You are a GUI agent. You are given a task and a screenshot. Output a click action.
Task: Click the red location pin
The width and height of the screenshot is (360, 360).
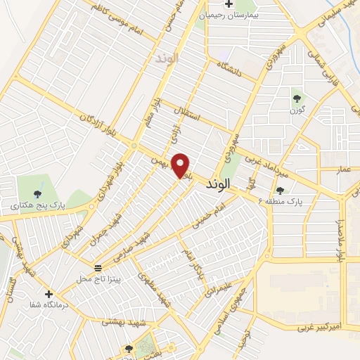point(181,165)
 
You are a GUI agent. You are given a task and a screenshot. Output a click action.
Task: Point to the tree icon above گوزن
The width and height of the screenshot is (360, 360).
point(296,98)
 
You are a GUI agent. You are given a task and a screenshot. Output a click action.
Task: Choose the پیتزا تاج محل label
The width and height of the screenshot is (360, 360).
point(99,279)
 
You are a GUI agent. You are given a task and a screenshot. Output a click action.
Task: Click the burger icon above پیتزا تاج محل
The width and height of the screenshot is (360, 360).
point(98,268)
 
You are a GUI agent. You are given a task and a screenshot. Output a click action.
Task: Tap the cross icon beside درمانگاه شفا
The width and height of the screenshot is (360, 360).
point(49,294)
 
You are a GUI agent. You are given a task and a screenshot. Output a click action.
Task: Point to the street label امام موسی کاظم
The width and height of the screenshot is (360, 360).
point(121,20)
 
